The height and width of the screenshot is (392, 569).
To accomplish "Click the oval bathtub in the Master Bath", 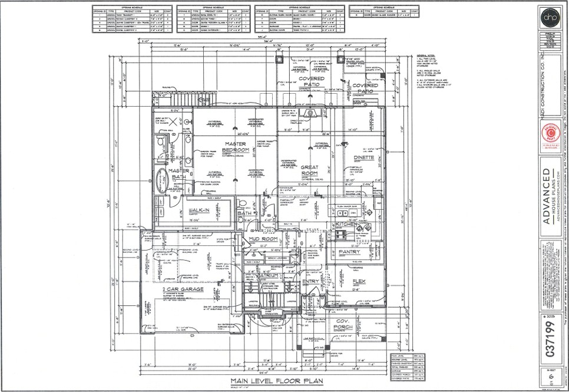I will pos(162,178).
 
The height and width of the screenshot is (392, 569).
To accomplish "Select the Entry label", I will pos(310,281).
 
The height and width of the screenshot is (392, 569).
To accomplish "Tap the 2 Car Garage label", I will pos(183,289).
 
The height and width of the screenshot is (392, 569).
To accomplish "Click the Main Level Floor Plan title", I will pos(266,380).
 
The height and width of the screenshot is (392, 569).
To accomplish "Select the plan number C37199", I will pos(550,337).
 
